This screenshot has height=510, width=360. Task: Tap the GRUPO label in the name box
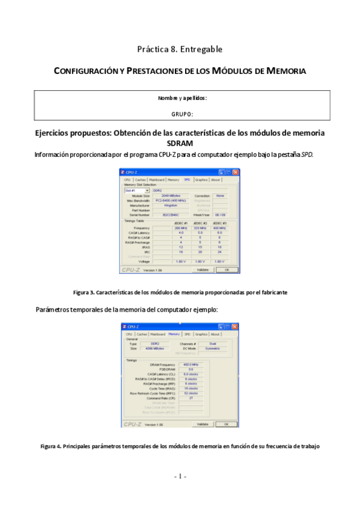(182, 113)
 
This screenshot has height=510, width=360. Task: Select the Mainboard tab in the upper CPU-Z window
(157, 179)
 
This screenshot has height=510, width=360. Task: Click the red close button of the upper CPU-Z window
(236, 173)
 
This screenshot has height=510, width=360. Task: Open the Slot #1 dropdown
(136, 190)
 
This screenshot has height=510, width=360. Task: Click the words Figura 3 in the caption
(84, 292)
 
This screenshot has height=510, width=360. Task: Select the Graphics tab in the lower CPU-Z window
(201, 334)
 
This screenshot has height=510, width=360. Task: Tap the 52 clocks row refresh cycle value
(191, 393)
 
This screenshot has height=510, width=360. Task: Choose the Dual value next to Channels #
(212, 343)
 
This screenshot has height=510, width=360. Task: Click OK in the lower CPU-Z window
(227, 424)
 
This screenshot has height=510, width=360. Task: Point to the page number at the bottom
(180, 476)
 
